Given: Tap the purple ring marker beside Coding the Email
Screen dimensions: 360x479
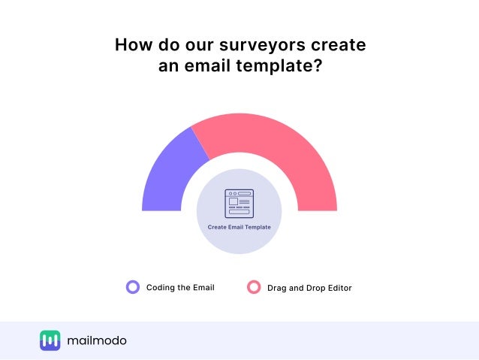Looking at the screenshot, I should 133,286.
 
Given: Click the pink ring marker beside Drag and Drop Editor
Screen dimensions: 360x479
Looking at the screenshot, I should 254,287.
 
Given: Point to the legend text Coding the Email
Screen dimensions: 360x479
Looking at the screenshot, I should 180,287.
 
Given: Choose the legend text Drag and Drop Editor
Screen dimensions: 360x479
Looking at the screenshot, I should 309,288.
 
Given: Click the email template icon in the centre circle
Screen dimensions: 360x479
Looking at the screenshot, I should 239,203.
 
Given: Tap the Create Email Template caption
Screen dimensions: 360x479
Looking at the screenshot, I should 239,226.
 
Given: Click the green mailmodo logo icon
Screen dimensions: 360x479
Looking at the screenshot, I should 50,340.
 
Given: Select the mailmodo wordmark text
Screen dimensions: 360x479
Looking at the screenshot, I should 96,340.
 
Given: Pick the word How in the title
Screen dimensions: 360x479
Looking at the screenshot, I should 132,45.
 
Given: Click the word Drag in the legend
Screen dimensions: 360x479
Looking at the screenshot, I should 277,288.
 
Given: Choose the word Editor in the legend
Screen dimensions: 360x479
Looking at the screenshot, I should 339,288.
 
